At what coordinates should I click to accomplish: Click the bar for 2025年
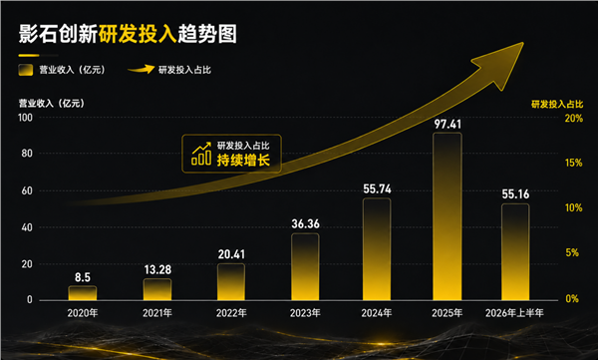448,216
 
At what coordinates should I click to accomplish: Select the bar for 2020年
83,293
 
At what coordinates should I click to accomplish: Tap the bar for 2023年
305,267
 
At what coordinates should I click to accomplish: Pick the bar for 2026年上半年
515,252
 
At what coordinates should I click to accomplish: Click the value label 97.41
448,124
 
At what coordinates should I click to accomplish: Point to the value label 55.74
377,188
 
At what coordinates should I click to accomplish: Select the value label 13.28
157,270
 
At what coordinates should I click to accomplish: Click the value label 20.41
231,254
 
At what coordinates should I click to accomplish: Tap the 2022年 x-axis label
231,313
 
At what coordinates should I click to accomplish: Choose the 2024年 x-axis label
377,313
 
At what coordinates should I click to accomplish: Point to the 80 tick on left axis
27,154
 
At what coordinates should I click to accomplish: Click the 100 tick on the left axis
25,118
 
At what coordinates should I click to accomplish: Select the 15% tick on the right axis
574,163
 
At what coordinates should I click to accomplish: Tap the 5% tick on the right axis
572,252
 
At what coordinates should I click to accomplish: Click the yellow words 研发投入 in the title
138,34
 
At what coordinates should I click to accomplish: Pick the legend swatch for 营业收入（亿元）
26,70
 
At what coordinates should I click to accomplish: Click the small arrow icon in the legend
142,69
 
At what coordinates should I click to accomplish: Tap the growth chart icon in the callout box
201,154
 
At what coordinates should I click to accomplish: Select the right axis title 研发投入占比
557,105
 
